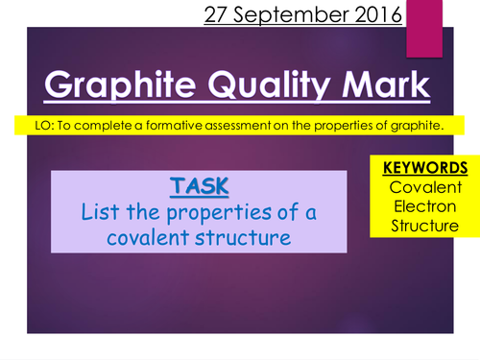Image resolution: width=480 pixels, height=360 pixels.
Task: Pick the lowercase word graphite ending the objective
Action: [423, 125]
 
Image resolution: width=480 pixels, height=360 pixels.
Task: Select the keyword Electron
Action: [420, 206]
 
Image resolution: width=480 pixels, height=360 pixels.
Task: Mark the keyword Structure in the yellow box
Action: [420, 227]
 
